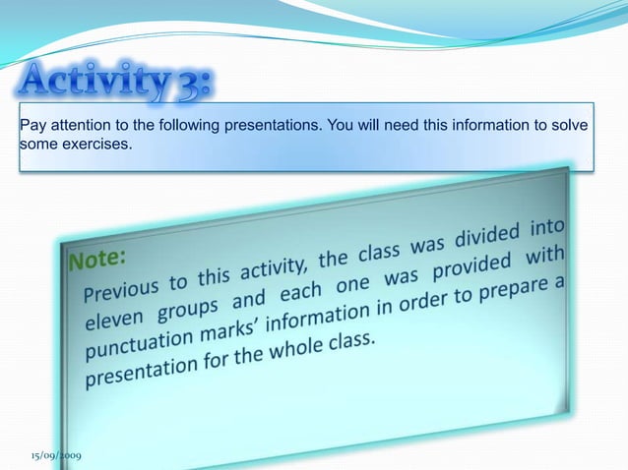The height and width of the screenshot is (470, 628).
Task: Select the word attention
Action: pos(78,126)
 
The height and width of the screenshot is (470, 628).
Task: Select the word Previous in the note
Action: pos(124,292)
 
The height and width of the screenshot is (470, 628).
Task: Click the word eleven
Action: pos(113,322)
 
